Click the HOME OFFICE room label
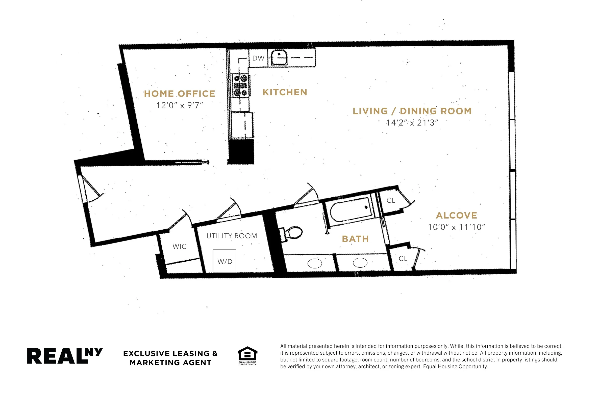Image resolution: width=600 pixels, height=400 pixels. tap(179, 94)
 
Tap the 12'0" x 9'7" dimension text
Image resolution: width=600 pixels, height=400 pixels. tap(179, 105)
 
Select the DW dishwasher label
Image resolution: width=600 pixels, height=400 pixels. tap(258, 58)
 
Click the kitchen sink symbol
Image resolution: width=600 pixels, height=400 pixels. tap(279, 58)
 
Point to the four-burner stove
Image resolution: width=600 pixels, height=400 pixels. tap(240, 86)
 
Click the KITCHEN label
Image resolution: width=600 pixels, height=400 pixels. tap(285, 92)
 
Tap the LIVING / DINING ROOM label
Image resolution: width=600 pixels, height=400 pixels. tap(412, 111)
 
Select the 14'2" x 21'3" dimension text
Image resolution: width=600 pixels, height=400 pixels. tap(412, 123)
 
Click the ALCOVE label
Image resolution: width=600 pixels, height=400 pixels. tap(456, 216)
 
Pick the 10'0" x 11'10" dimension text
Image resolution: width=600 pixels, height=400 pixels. tap(456, 227)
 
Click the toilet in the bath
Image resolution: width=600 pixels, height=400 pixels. tap(293, 233)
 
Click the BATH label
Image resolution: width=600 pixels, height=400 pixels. tap(355, 239)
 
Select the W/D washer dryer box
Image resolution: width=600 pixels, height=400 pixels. tap(224, 261)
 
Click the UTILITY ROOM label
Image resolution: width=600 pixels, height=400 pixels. tap(232, 236)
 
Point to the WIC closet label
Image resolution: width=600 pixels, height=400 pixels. tap(179, 247)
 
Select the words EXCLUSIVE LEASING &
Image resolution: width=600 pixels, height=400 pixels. tap(170, 354)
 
